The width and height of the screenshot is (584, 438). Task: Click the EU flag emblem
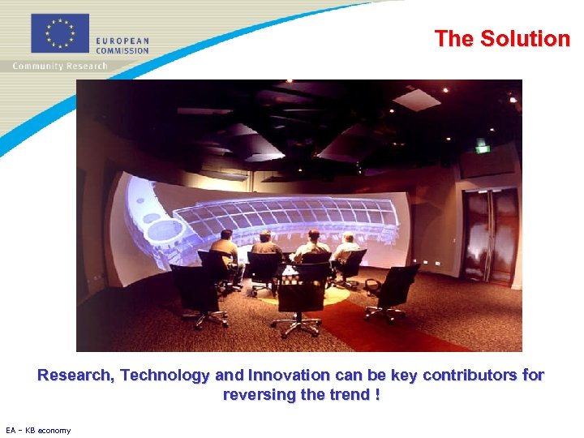[x=59, y=34]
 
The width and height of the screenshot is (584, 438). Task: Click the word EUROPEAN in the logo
[x=122, y=41]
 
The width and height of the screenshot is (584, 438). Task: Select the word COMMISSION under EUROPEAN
[x=122, y=50]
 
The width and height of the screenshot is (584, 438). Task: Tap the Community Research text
[x=59, y=66]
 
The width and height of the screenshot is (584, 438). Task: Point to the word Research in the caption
[x=75, y=376]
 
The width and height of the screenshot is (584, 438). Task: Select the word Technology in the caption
[x=168, y=376]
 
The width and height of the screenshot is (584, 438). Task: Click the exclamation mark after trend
[x=377, y=395]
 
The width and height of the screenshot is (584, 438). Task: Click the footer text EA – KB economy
[x=38, y=431]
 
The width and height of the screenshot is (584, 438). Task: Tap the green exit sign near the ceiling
[x=483, y=148]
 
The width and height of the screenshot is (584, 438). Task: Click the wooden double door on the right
[x=492, y=235]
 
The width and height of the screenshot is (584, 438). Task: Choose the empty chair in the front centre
[x=301, y=296]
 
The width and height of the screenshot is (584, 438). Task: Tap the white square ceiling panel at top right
[x=416, y=100]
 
